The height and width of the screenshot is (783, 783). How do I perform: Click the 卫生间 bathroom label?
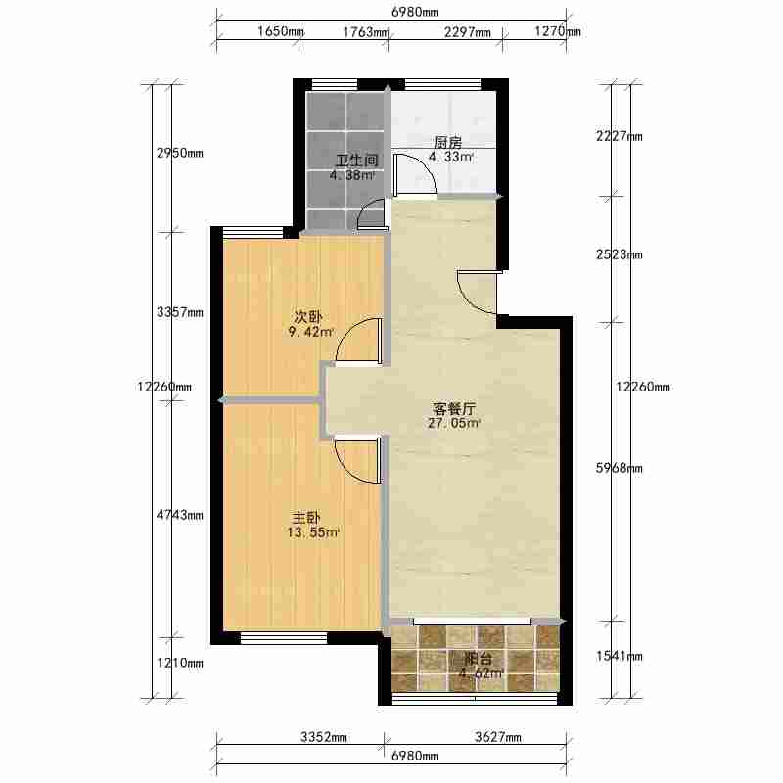coord(356,161)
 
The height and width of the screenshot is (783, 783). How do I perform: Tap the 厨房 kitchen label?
coord(447,142)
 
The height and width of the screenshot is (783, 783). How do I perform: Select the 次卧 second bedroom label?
coord(307,317)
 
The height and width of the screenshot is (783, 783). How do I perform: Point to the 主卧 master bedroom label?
coord(306,518)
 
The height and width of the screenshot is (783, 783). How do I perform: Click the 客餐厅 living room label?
coord(454,409)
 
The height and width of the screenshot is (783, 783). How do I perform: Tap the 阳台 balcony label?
coord(479,658)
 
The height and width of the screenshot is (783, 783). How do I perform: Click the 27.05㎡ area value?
coord(453,424)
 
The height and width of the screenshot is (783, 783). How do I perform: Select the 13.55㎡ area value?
coord(313,532)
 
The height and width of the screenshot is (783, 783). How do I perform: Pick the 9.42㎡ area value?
coord(310,332)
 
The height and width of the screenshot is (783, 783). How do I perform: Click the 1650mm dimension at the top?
coord(281,31)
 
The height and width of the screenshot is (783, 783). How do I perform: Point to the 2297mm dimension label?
coord(468,32)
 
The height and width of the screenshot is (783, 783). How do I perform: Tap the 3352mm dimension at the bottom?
coord(324,737)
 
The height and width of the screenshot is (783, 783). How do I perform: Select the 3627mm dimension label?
coord(498,737)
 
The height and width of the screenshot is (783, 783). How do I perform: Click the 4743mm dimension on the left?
coord(180,515)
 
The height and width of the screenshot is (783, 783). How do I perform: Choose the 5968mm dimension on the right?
coord(620,468)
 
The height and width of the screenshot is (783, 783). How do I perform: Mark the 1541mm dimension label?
coord(620,656)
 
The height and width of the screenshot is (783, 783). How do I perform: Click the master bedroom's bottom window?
coord(284,638)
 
